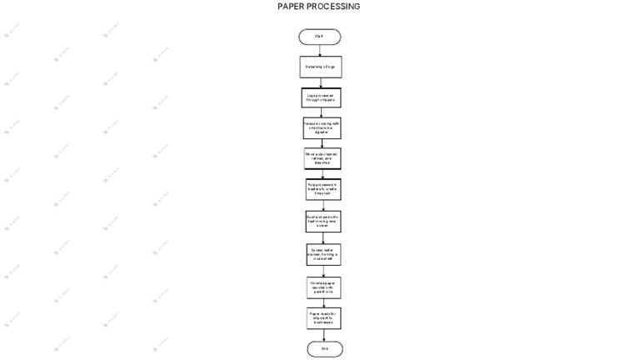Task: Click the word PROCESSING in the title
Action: tap(332, 7)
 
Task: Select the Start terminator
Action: tap(320, 37)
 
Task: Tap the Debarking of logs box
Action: tap(320, 67)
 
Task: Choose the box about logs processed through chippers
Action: tap(321, 97)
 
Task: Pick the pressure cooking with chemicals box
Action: tap(322, 127)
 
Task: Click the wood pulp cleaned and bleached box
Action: tap(322, 158)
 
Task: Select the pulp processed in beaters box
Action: tap(322, 189)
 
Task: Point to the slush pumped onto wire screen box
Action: tap(322, 221)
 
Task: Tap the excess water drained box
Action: tap(323, 254)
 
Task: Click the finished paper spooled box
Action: tap(323, 287)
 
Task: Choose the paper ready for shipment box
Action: tap(324, 318)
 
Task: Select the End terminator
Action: tap(324, 348)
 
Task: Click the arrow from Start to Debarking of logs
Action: tap(320, 50)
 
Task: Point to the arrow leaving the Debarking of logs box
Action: tap(321, 82)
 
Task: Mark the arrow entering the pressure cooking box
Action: tap(322, 112)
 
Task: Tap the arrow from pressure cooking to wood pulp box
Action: tap(322, 143)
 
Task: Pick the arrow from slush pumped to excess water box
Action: tap(323, 237)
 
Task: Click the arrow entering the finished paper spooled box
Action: tap(323, 271)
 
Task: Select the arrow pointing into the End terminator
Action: tap(324, 334)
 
